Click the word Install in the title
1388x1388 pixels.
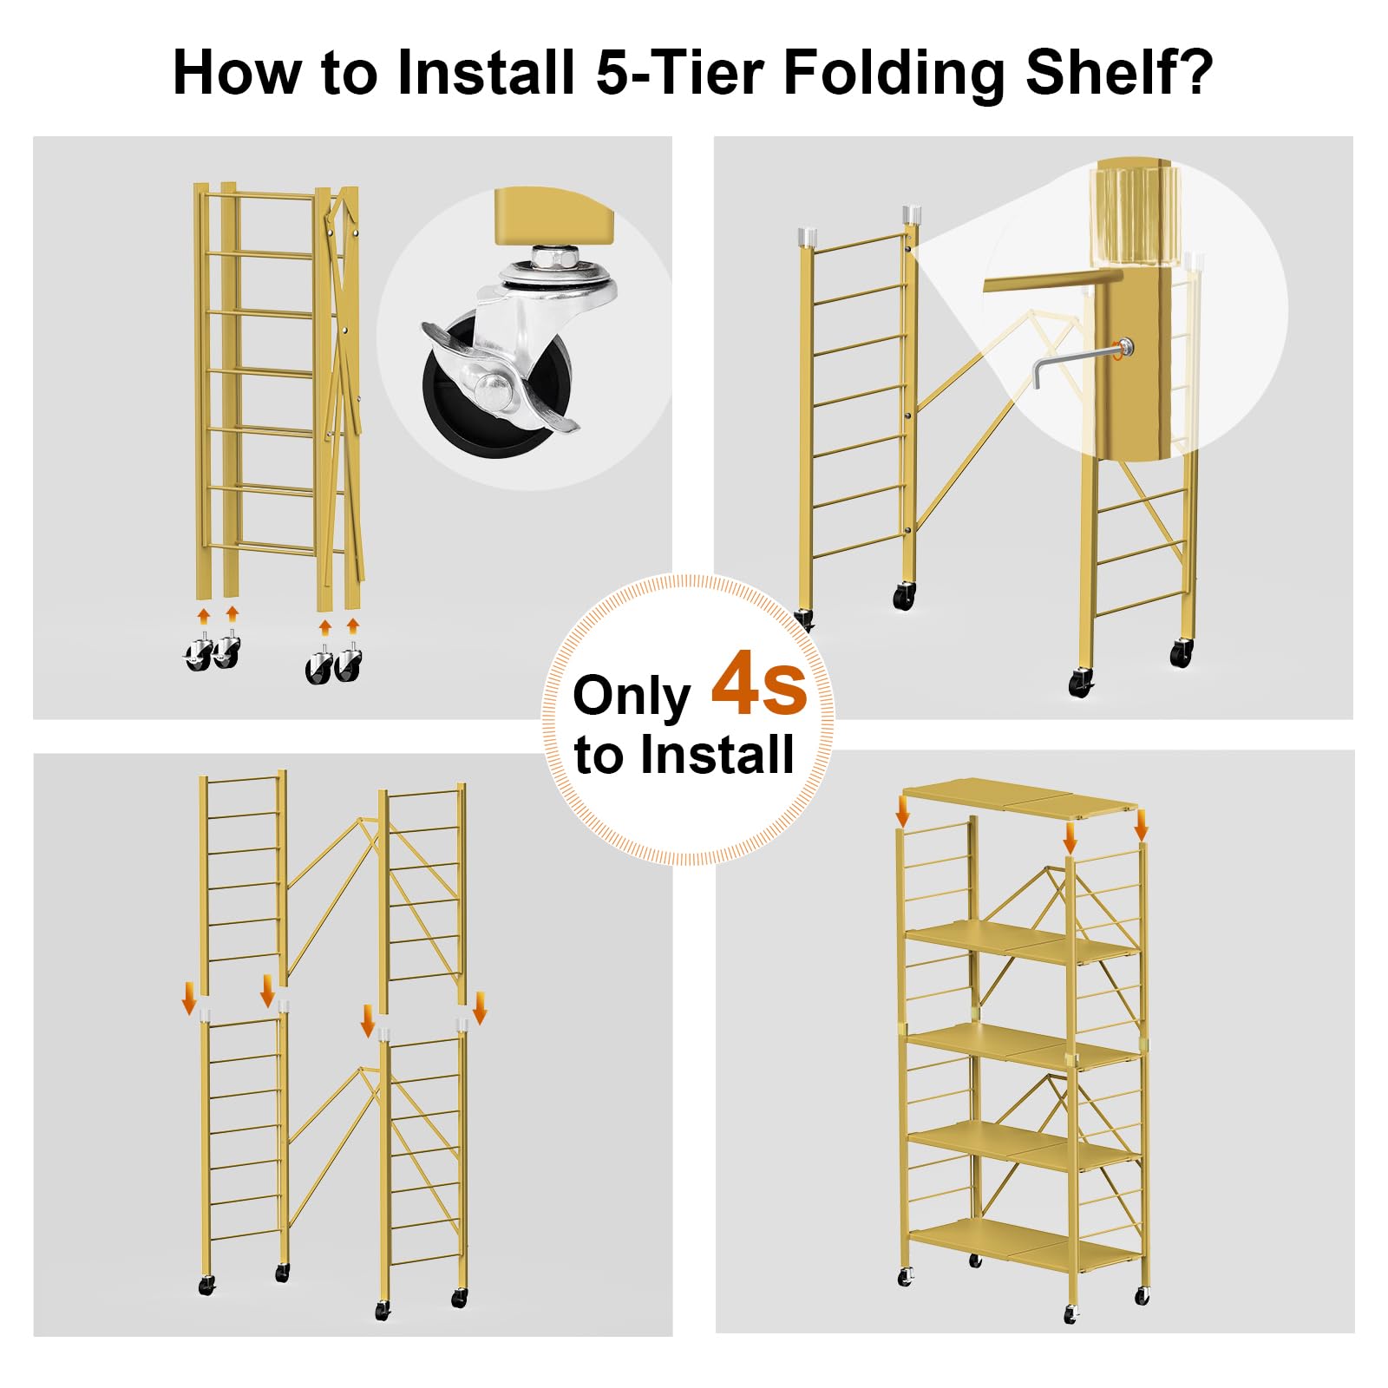(x=486, y=72)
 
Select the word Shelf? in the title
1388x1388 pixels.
(x=1119, y=72)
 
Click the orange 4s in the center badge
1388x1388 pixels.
(x=759, y=685)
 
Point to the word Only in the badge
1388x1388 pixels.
(x=632, y=696)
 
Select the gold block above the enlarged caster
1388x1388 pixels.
(x=553, y=216)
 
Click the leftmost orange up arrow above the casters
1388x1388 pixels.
(x=204, y=617)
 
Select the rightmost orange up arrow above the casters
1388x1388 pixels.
(x=352, y=626)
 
